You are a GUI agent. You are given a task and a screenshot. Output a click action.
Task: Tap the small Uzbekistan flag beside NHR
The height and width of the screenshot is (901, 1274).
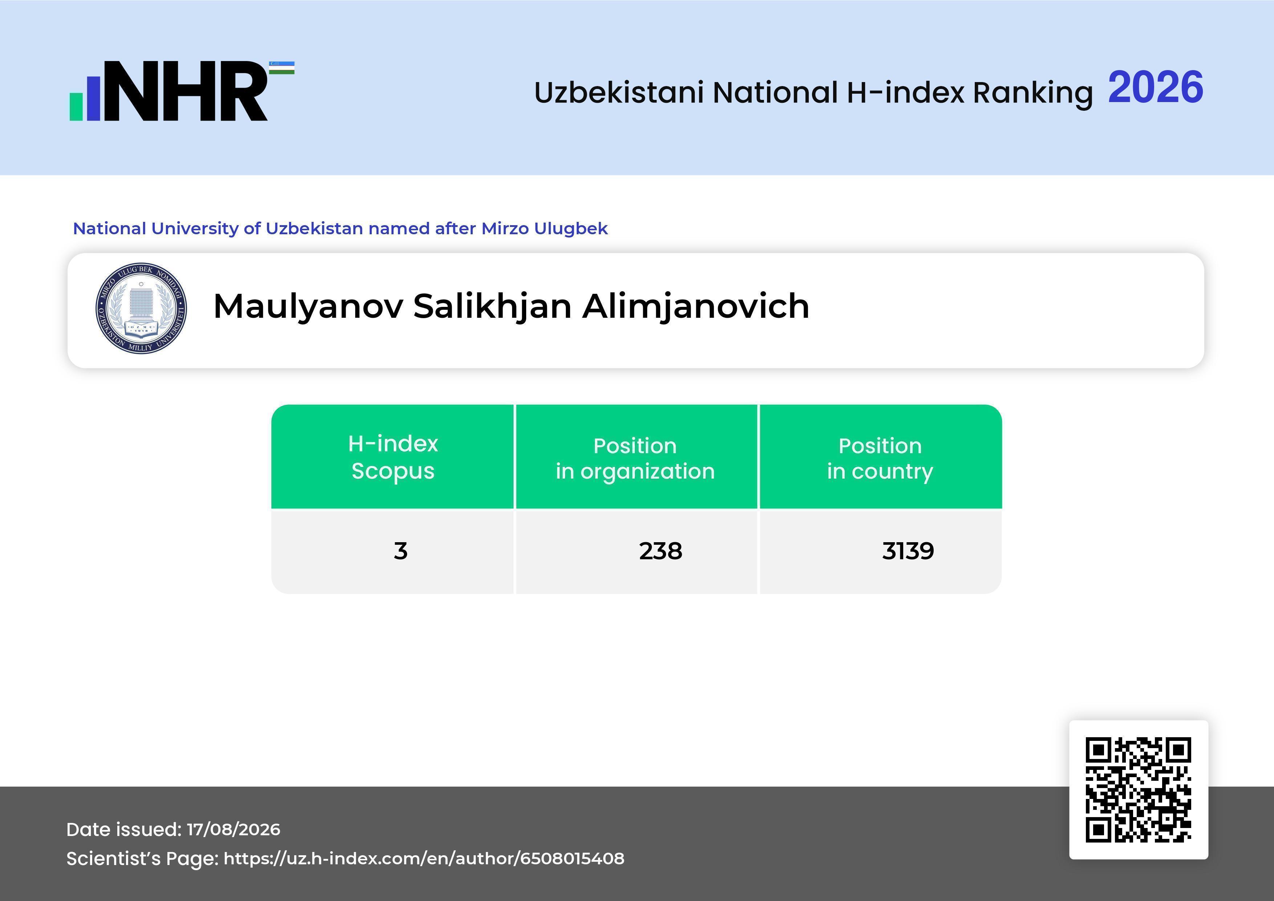tap(282, 68)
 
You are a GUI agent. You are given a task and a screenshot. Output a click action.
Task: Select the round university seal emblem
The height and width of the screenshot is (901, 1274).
tap(141, 308)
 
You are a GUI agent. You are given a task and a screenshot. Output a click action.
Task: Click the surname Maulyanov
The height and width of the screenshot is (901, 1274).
tap(308, 307)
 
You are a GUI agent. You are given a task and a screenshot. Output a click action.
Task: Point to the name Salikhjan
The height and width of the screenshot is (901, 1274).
tap(492, 307)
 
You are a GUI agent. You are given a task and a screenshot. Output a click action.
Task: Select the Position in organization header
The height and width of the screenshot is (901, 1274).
tap(635, 458)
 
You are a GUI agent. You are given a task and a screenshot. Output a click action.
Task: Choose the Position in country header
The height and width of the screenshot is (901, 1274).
tap(880, 458)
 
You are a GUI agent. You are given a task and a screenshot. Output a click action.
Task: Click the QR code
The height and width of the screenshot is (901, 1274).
tap(1139, 790)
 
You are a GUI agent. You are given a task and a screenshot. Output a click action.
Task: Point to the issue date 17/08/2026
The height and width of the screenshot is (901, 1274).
tap(233, 829)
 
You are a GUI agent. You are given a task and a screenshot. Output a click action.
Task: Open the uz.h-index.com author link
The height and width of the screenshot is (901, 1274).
tap(424, 858)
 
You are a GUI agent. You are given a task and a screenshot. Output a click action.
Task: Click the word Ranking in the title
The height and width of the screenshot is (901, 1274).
tap(1032, 93)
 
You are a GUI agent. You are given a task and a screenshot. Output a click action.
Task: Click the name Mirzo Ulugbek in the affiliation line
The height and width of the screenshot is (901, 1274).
tap(544, 228)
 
